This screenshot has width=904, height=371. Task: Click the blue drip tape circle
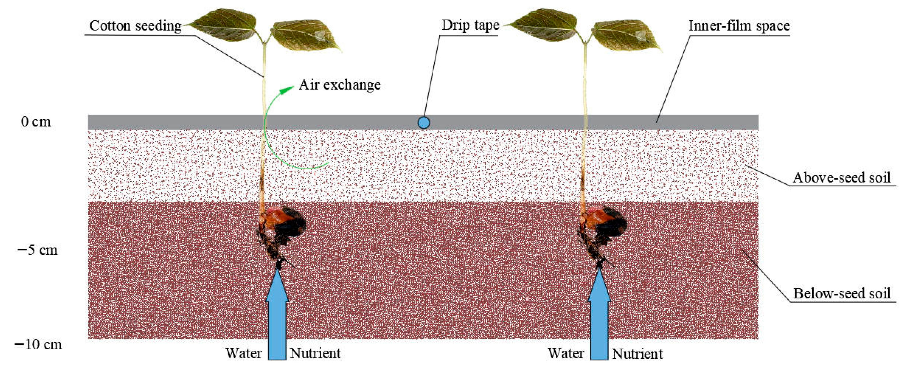click(424, 122)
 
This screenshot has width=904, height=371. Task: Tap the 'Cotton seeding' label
click(135, 26)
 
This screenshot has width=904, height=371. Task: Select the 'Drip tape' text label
click(470, 25)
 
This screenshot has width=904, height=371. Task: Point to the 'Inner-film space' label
click(739, 26)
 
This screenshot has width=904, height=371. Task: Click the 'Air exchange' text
click(340, 85)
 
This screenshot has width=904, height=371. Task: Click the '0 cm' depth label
click(36, 121)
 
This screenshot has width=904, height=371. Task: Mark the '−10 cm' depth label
click(38, 344)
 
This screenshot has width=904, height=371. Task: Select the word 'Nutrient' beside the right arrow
click(638, 354)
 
